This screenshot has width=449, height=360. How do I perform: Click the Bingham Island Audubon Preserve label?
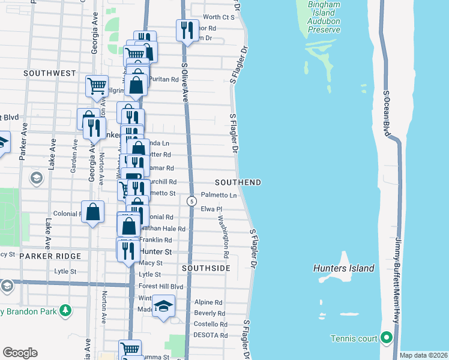[x=324, y=13]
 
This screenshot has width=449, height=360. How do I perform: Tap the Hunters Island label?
[x=344, y=268]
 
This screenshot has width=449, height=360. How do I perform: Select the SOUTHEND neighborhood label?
[x=238, y=182]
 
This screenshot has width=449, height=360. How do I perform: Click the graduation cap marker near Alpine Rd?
[x=163, y=307]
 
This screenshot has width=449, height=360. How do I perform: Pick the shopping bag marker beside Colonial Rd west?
[x=92, y=212]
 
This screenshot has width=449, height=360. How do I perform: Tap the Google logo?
[x=20, y=353]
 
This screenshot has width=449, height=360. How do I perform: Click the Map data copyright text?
[x=423, y=355]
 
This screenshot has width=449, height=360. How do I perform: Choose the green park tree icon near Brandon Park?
[x=64, y=311]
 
